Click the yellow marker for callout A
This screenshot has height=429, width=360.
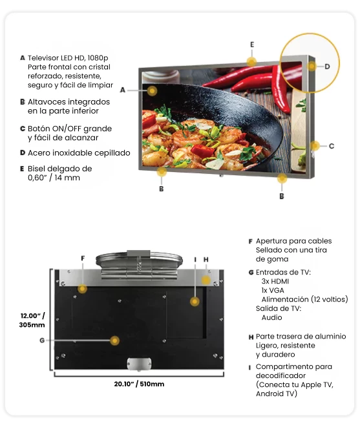[x=153, y=90]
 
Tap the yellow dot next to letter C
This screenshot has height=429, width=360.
[x=315, y=146]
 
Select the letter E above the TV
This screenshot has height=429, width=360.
[x=252, y=45]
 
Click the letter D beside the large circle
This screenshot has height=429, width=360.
[x=327, y=67]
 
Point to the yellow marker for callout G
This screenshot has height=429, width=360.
[x=114, y=340]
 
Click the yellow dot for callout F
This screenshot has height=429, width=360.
[x=82, y=288]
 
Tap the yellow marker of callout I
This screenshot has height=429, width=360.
[x=195, y=302]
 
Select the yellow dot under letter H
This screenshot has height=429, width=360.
[x=206, y=280]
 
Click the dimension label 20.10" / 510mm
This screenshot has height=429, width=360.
[x=139, y=384]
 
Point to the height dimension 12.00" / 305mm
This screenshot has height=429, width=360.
[x=32, y=320]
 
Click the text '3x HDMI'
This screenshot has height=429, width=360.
[x=275, y=281]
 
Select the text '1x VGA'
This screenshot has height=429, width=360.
[x=273, y=290]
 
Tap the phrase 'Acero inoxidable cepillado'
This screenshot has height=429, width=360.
[x=79, y=152]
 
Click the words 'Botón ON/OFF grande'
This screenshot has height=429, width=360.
[x=70, y=129]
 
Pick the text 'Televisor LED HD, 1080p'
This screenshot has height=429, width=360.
[x=68, y=58]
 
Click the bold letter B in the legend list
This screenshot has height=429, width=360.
[x=23, y=102]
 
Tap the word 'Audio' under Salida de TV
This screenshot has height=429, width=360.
[x=271, y=317]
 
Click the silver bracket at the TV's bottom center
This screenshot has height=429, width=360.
[x=139, y=364]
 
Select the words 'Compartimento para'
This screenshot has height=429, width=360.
[x=293, y=366]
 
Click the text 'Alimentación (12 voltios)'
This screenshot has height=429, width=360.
[x=304, y=299]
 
